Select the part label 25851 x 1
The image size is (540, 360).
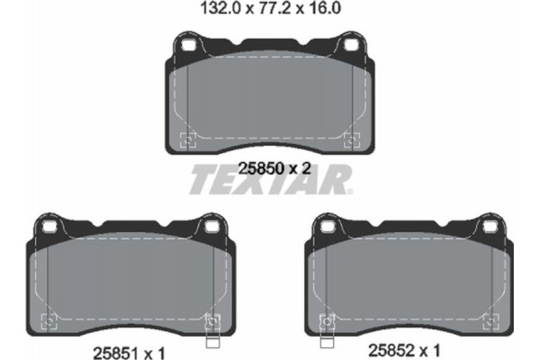tap(131, 346)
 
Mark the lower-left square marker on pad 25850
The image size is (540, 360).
tap(188, 139)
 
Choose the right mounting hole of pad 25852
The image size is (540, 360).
tap(487, 229)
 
